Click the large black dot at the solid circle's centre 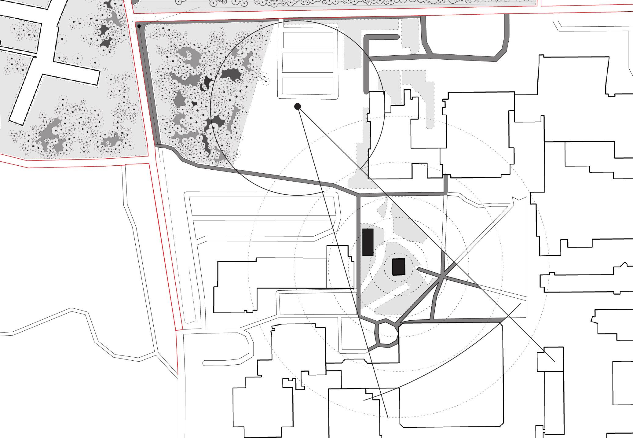pyautogui.click(x=298, y=106)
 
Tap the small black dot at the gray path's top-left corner pyautogui.click(x=139, y=26)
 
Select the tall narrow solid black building pyautogui.click(x=368, y=242)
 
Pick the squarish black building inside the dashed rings pyautogui.click(x=398, y=267)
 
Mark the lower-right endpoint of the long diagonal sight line pyautogui.click(x=554, y=362)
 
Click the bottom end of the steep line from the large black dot pyautogui.click(x=388, y=418)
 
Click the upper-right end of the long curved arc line pyautogui.click(x=520, y=304)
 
